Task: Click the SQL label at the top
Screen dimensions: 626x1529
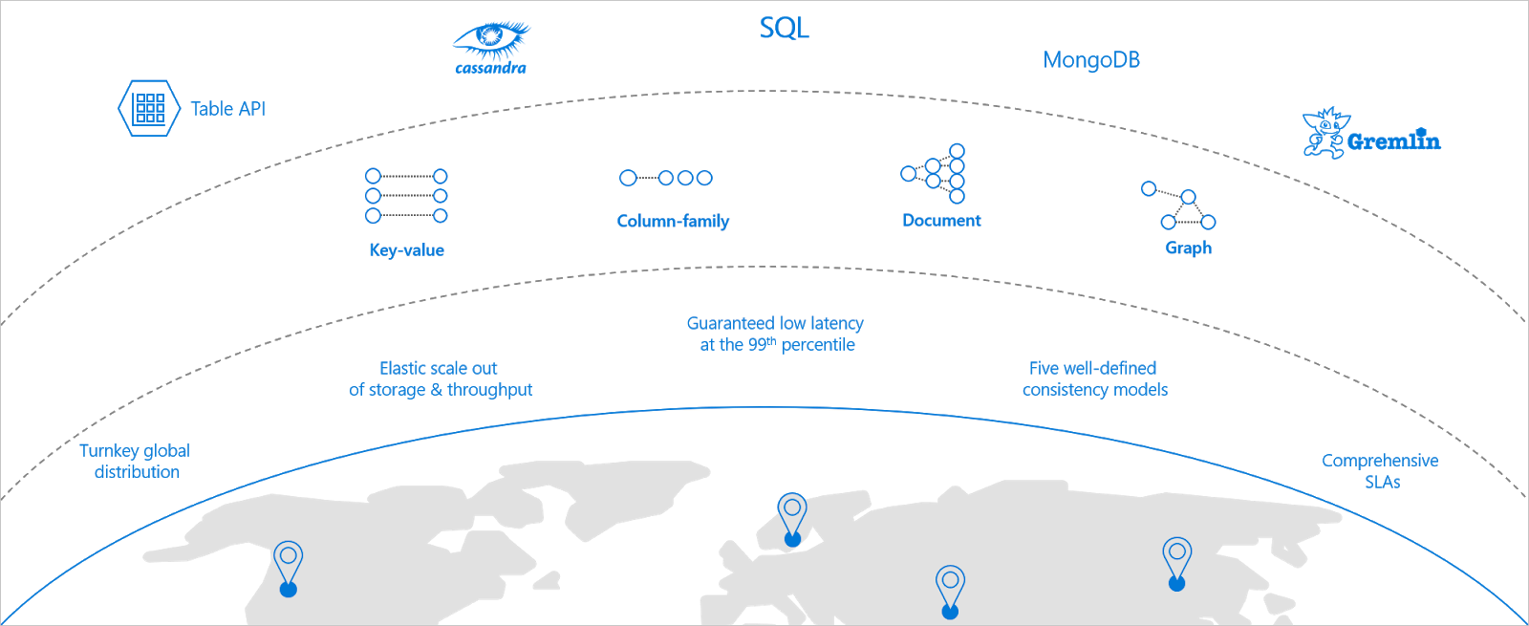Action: (x=784, y=28)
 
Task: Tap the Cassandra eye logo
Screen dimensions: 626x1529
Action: (x=491, y=40)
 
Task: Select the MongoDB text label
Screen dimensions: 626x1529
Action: (x=1091, y=60)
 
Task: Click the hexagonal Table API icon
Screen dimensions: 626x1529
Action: (x=149, y=108)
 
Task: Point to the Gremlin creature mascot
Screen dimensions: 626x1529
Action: (x=1324, y=133)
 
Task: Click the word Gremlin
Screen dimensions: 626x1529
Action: (x=1393, y=141)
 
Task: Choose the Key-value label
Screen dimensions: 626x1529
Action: (x=406, y=250)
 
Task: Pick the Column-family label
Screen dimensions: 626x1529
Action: (x=673, y=221)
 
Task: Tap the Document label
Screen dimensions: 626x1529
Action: (x=941, y=221)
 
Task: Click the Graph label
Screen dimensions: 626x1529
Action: (x=1188, y=248)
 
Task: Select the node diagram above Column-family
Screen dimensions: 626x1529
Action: (x=666, y=178)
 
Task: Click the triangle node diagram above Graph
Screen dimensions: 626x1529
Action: (x=1179, y=205)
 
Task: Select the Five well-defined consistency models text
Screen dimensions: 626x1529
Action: (x=1094, y=378)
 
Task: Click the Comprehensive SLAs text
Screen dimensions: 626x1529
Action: (x=1380, y=470)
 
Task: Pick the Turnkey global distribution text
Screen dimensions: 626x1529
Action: (x=135, y=461)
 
